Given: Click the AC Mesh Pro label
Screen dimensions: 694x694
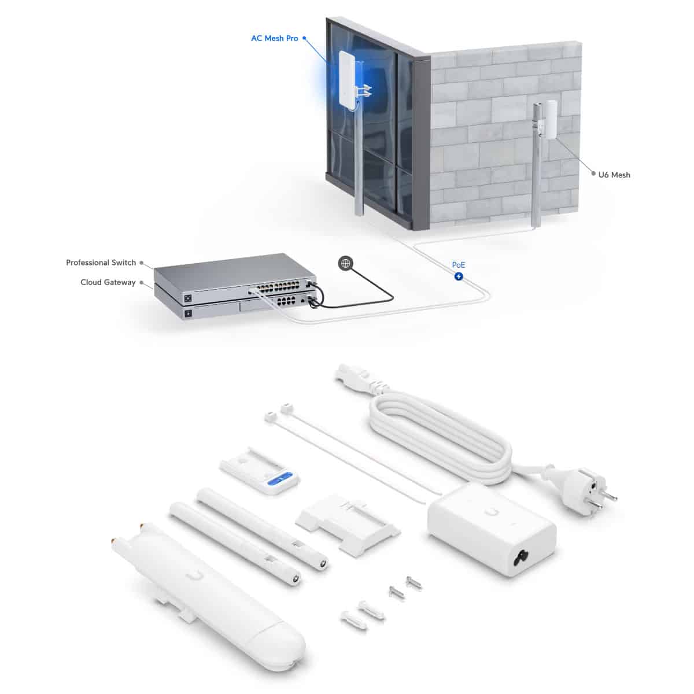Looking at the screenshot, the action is pyautogui.click(x=275, y=38).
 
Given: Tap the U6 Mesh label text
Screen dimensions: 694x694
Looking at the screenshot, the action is pyautogui.click(x=614, y=175).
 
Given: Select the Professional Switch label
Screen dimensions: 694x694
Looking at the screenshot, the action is pyautogui.click(x=101, y=263).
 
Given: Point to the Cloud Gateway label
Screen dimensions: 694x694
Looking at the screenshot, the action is pyautogui.click(x=108, y=282).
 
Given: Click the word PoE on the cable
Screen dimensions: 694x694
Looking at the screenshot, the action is pyautogui.click(x=459, y=265).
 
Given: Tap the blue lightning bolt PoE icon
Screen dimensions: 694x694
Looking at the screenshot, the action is pyautogui.click(x=459, y=276).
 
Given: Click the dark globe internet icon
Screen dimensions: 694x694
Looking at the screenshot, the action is pyautogui.click(x=345, y=263).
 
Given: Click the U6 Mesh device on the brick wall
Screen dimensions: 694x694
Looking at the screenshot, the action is pyautogui.click(x=551, y=119).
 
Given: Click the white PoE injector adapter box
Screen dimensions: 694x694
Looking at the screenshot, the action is pyautogui.click(x=492, y=529).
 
